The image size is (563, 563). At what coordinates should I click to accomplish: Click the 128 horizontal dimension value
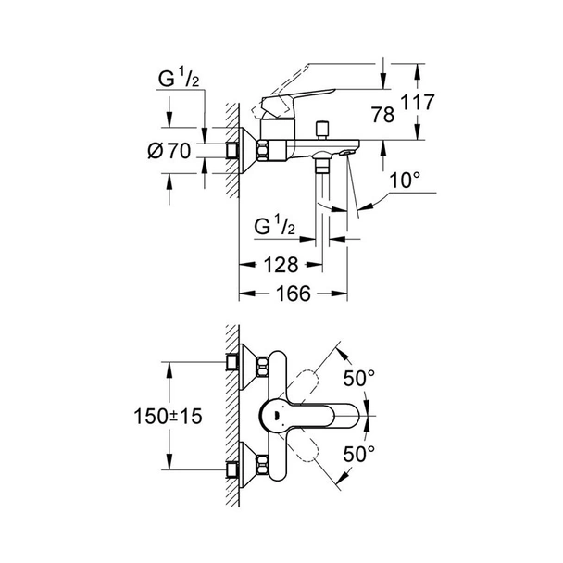coord(279,265)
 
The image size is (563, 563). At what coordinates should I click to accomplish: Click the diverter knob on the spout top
coord(325,127)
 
